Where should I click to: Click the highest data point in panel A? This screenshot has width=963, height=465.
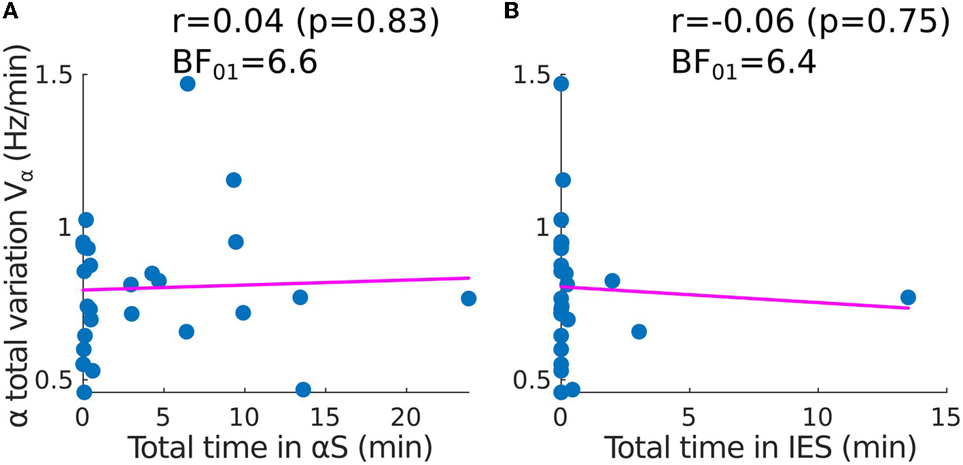point(188,84)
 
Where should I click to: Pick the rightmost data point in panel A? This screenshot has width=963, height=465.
point(468,298)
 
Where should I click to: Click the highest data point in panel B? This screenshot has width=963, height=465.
point(561,84)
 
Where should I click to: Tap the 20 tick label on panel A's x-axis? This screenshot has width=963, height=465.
point(406,413)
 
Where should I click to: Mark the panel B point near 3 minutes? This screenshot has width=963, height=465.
point(639,332)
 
